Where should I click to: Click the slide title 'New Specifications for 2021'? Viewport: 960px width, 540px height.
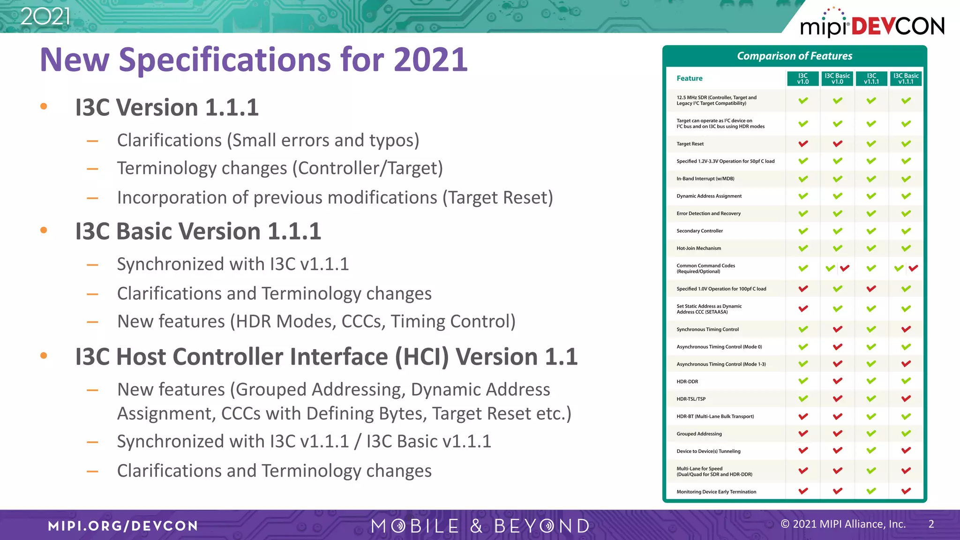pyautogui.click(x=254, y=60)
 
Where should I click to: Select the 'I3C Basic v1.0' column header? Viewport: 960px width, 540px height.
pyautogui.click(x=837, y=78)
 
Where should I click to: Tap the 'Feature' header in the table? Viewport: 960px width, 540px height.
pyautogui.click(x=689, y=78)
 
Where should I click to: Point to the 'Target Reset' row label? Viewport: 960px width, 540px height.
pyautogui.click(x=690, y=144)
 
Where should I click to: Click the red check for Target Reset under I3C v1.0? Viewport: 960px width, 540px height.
pyautogui.click(x=803, y=143)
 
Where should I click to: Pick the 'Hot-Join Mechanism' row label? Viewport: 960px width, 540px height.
pyautogui.click(x=698, y=248)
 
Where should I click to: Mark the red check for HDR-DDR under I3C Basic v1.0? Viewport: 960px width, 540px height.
pyautogui.click(x=837, y=381)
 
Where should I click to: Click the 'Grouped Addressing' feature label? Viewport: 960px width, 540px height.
pyautogui.click(x=699, y=434)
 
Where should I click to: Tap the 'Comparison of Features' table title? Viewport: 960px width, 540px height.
pyautogui.click(x=795, y=56)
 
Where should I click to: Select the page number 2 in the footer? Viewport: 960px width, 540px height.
pyautogui.click(x=931, y=524)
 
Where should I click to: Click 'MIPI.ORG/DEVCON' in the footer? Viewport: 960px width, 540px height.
pyautogui.click(x=123, y=526)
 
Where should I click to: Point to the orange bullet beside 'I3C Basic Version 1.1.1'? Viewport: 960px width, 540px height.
pyautogui.click(x=44, y=230)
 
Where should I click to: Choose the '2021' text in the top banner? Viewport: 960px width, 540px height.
pyautogui.click(x=45, y=17)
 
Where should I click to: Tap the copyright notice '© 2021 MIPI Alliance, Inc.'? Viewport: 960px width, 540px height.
pyautogui.click(x=843, y=524)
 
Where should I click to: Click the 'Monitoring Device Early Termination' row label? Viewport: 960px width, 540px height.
pyautogui.click(x=716, y=492)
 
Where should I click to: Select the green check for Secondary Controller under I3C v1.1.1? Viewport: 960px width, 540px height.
pyautogui.click(x=871, y=231)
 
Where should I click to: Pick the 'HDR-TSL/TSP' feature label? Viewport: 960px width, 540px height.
pyautogui.click(x=691, y=399)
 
